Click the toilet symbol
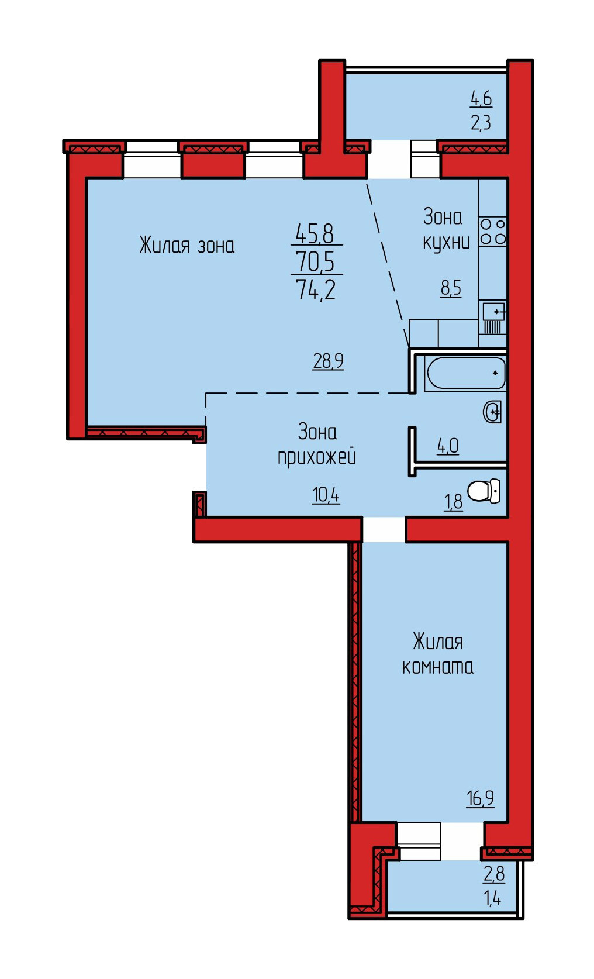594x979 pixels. pyautogui.click(x=484, y=491)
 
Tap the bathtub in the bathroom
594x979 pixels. pyautogui.click(x=465, y=373)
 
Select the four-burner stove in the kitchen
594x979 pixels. pyautogui.click(x=493, y=232)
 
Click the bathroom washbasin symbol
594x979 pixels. pyautogui.click(x=492, y=412)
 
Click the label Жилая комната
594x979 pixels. pyautogui.click(x=438, y=654)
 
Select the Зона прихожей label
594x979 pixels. pyautogui.click(x=317, y=444)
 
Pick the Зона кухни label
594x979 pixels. pyautogui.click(x=446, y=229)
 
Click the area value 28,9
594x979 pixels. pyautogui.click(x=328, y=361)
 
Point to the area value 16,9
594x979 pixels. pyautogui.click(x=480, y=798)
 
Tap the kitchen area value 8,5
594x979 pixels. pyautogui.click(x=451, y=288)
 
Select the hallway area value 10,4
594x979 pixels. pyautogui.click(x=326, y=495)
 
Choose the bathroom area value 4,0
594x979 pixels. pyautogui.click(x=448, y=446)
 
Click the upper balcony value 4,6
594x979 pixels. pyautogui.click(x=481, y=98)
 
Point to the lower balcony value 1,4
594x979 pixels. pyautogui.click(x=492, y=898)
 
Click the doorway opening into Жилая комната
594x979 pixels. pyautogui.click(x=384, y=530)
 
